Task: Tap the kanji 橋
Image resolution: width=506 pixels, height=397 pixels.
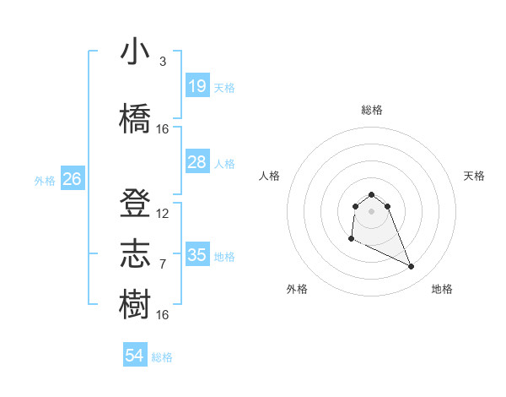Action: (x=136, y=118)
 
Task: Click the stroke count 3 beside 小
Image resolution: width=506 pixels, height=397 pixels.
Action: (x=162, y=62)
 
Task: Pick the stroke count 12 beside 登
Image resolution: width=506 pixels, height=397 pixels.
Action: (x=163, y=214)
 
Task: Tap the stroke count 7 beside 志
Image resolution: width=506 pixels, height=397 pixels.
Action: (x=162, y=264)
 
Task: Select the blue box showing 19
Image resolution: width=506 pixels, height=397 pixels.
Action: (x=196, y=86)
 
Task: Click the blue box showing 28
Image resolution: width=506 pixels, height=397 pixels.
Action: (x=196, y=162)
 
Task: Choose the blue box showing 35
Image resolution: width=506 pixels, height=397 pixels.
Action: (x=196, y=255)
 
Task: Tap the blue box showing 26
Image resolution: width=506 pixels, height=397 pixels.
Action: (x=72, y=178)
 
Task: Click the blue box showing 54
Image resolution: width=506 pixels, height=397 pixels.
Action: (x=135, y=356)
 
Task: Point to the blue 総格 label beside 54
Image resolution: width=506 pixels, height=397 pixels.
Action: (x=162, y=357)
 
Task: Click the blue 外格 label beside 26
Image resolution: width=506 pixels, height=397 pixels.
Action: (x=45, y=180)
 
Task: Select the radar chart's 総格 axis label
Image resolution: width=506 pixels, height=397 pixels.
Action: (x=371, y=111)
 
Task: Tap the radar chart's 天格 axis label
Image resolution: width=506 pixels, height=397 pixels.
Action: (x=475, y=176)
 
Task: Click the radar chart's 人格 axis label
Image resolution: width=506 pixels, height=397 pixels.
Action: (x=269, y=176)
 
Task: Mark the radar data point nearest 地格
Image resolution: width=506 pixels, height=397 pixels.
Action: (x=412, y=267)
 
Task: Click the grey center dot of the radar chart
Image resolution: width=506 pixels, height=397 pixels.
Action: (x=371, y=210)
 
